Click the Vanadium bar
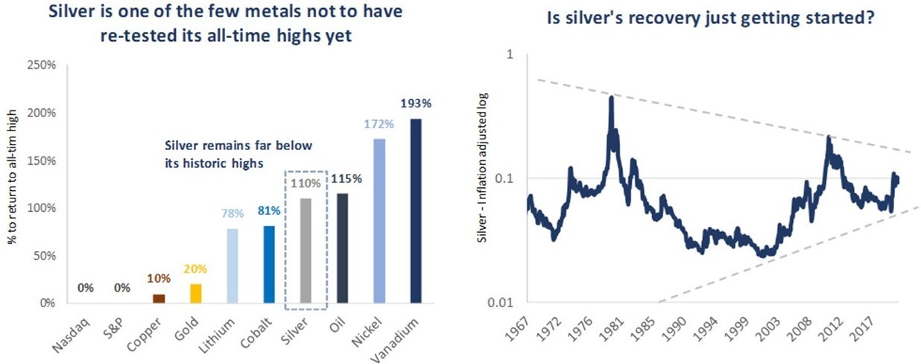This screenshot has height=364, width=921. point(415,210)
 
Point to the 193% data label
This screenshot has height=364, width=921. point(415,106)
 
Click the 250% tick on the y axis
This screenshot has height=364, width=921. point(42,66)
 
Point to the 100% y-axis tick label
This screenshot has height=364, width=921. point(42,208)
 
